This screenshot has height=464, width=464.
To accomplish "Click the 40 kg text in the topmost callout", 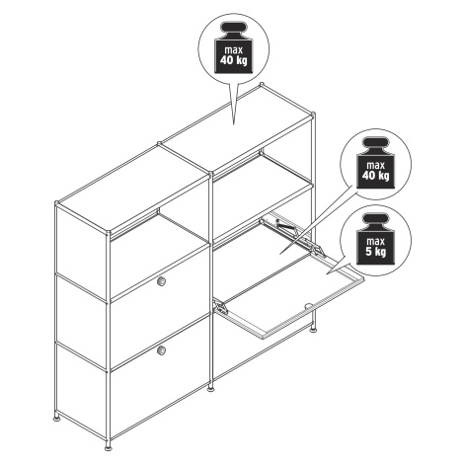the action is click(x=233, y=60).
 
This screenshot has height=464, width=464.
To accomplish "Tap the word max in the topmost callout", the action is click(x=234, y=50).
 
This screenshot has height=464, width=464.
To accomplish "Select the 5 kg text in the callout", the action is click(x=375, y=252).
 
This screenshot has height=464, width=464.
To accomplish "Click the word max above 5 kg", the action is click(x=375, y=242).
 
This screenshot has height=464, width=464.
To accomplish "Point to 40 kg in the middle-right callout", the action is click(x=375, y=176).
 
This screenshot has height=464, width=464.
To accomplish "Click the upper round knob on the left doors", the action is click(x=161, y=281).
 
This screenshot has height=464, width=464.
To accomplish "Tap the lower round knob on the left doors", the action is click(x=161, y=350).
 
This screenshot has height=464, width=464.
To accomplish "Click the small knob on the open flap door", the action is click(x=308, y=306).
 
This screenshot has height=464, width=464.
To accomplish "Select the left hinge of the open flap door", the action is click(x=221, y=308).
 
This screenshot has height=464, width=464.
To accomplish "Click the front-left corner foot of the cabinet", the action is click(x=108, y=447).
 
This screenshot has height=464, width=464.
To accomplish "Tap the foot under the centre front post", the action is click(x=210, y=389).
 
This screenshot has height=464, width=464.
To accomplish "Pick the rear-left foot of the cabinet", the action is click(x=57, y=419).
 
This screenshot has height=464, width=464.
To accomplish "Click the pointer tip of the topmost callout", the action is click(x=234, y=125).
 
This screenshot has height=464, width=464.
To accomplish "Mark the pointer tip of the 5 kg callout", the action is click(x=327, y=273).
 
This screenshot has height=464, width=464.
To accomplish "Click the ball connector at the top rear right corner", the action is click(x=263, y=84).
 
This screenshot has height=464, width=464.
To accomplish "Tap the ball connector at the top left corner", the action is click(x=57, y=203).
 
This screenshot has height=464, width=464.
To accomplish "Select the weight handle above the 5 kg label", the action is click(x=375, y=220).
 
